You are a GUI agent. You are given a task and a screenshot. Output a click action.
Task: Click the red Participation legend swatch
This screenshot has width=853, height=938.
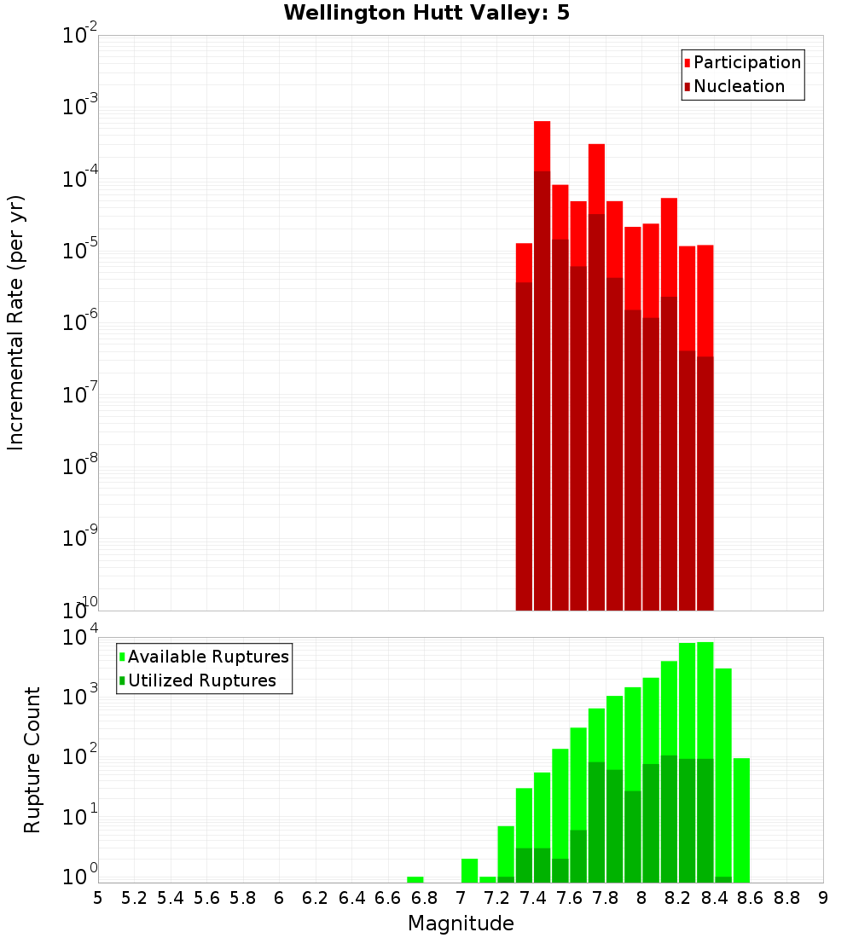click(x=687, y=63)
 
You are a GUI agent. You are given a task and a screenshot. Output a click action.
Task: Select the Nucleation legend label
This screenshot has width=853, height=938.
click(x=739, y=87)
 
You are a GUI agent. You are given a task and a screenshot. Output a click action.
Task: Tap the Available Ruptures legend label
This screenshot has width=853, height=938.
click(x=208, y=657)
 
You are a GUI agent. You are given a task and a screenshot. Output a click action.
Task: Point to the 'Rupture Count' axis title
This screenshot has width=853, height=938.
click(x=32, y=760)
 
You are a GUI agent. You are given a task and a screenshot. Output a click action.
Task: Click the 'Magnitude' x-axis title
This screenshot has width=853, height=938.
click(x=461, y=924)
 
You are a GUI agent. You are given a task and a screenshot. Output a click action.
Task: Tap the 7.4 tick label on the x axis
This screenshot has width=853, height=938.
click(x=533, y=898)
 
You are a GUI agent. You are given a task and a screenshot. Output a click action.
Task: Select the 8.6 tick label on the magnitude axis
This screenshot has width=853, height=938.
click(x=751, y=898)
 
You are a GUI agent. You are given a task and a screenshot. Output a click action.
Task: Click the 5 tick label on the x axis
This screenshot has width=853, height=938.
click(x=98, y=898)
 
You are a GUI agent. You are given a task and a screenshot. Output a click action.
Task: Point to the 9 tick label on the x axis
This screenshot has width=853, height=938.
click(x=823, y=898)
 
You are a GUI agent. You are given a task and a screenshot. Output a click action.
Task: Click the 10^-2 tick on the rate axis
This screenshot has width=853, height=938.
click(x=80, y=36)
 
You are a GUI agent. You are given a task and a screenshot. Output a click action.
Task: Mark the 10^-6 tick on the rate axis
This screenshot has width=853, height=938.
click(x=80, y=322)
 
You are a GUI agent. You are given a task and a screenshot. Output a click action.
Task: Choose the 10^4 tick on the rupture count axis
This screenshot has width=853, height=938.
click(x=80, y=638)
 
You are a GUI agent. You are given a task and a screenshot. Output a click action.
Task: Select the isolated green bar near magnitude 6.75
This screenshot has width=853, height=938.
click(x=415, y=879)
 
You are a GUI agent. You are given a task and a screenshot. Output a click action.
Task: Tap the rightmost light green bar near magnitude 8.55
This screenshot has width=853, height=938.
click(x=741, y=819)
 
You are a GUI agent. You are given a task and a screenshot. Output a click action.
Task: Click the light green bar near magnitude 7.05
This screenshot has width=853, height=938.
click(x=469, y=871)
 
